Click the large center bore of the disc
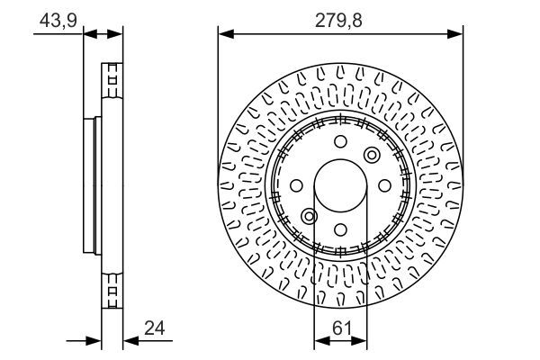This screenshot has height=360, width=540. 340,186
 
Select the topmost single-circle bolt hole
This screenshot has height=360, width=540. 340,141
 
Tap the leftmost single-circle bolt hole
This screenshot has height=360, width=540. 296,185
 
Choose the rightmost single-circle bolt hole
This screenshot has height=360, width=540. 384,185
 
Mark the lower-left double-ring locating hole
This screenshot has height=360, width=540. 309,217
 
